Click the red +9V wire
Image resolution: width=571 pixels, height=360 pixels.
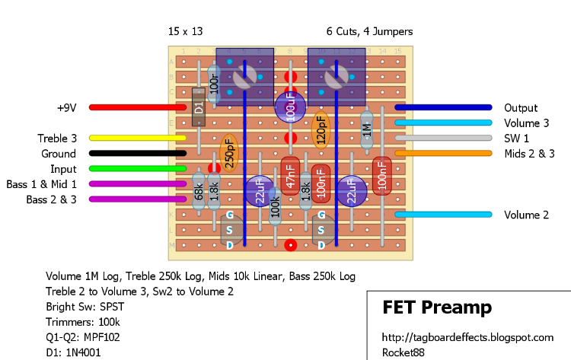pos(137,107)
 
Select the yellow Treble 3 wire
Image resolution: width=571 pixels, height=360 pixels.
pos(137,138)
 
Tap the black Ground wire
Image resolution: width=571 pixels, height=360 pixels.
pos(137,153)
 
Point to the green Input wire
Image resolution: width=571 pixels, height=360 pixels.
pos(137,168)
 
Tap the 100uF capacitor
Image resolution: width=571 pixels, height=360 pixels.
pos(290,107)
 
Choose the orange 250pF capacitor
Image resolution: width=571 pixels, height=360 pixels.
pos(228,153)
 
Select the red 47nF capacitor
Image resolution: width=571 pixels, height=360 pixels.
pos(290,177)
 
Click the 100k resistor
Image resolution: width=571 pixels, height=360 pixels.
pos(275,206)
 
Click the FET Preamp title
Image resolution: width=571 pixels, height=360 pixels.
pos(436,308)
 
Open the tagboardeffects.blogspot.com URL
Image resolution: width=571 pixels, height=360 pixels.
pos(467,337)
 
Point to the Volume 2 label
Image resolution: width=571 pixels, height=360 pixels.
pos(526,215)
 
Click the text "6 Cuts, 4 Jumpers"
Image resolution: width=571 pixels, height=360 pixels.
pos(369,32)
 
